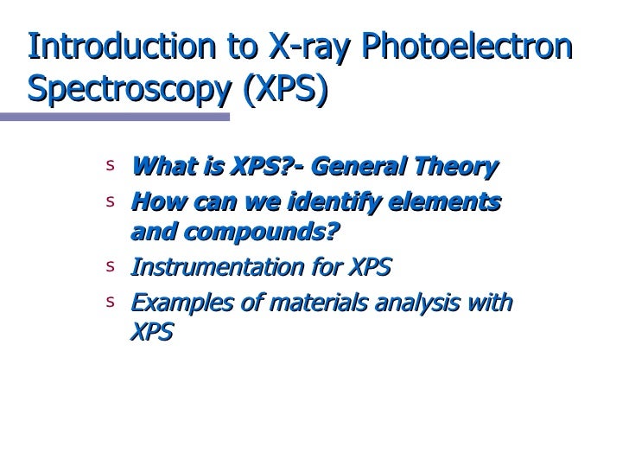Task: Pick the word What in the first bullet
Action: click(x=156, y=166)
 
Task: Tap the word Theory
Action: click(x=464, y=166)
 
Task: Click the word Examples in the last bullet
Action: click(x=174, y=303)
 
